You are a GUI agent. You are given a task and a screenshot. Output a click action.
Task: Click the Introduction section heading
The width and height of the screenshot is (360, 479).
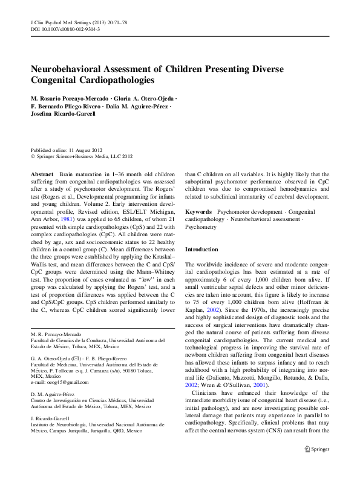[x=202, y=249]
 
